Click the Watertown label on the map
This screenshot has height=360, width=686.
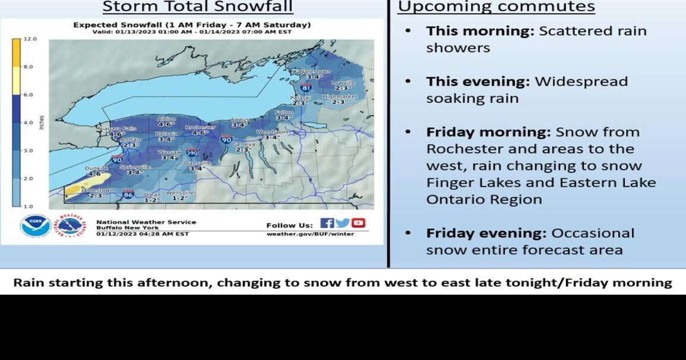point(315,71)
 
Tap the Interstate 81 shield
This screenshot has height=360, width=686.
point(305,87)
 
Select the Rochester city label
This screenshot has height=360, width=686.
point(200,127)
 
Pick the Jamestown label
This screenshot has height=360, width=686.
point(96,190)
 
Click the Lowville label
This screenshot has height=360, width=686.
point(343,83)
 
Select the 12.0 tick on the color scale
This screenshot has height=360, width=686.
point(30,39)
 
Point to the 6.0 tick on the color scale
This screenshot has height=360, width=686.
point(29,94)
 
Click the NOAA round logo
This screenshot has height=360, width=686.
point(35,226)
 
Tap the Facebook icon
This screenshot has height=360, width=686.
point(327,223)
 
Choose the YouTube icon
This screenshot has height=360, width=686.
point(358,223)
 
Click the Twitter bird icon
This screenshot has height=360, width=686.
point(343,223)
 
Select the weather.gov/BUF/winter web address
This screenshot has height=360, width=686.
point(310,234)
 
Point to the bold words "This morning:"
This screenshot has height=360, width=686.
point(480,31)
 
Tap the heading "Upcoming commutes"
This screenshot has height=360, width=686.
point(496,7)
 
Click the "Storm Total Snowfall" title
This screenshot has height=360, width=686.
point(198,7)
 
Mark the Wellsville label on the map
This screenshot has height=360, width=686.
point(180,192)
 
